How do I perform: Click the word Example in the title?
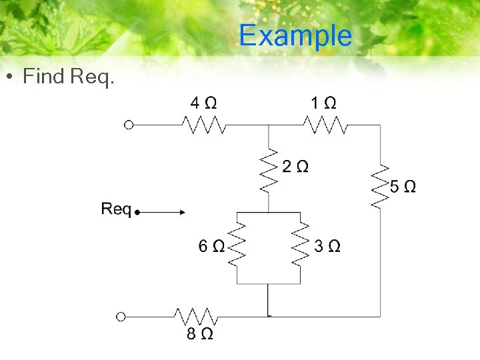(295, 35)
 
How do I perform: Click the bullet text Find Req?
(69, 77)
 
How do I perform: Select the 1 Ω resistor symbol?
(325, 124)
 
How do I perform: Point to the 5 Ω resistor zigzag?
(380, 186)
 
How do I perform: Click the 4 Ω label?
(203, 103)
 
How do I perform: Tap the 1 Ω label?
(323, 103)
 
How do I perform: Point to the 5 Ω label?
(403, 187)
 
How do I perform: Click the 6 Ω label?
(211, 247)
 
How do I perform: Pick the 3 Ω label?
(327, 247)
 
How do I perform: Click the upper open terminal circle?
(129, 124)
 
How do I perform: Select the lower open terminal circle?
(121, 316)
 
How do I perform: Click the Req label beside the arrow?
(116, 209)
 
